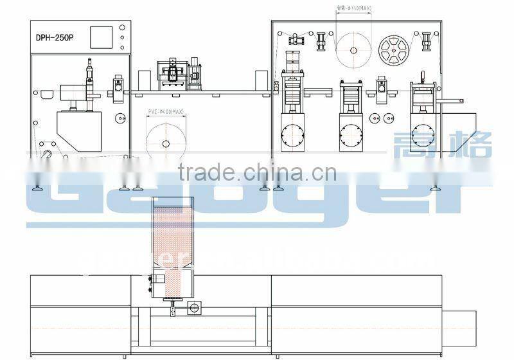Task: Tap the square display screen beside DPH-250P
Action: (102, 37)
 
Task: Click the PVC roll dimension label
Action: (166, 112)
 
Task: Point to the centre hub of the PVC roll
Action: (166, 143)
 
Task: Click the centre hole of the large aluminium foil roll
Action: (354, 50)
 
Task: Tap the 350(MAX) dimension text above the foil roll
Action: (354, 8)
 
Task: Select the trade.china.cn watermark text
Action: (256, 172)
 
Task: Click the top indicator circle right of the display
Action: (123, 28)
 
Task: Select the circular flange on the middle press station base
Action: (350, 134)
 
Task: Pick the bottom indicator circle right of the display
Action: (123, 46)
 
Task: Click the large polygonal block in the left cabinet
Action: (78, 130)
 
